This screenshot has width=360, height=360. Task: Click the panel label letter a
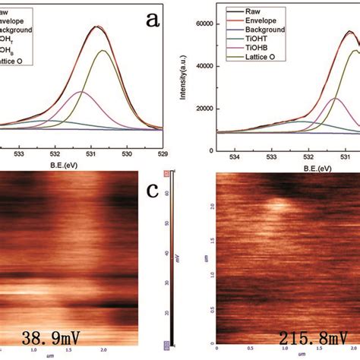[x=153, y=21]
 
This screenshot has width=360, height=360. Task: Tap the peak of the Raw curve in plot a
[x=97, y=27]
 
